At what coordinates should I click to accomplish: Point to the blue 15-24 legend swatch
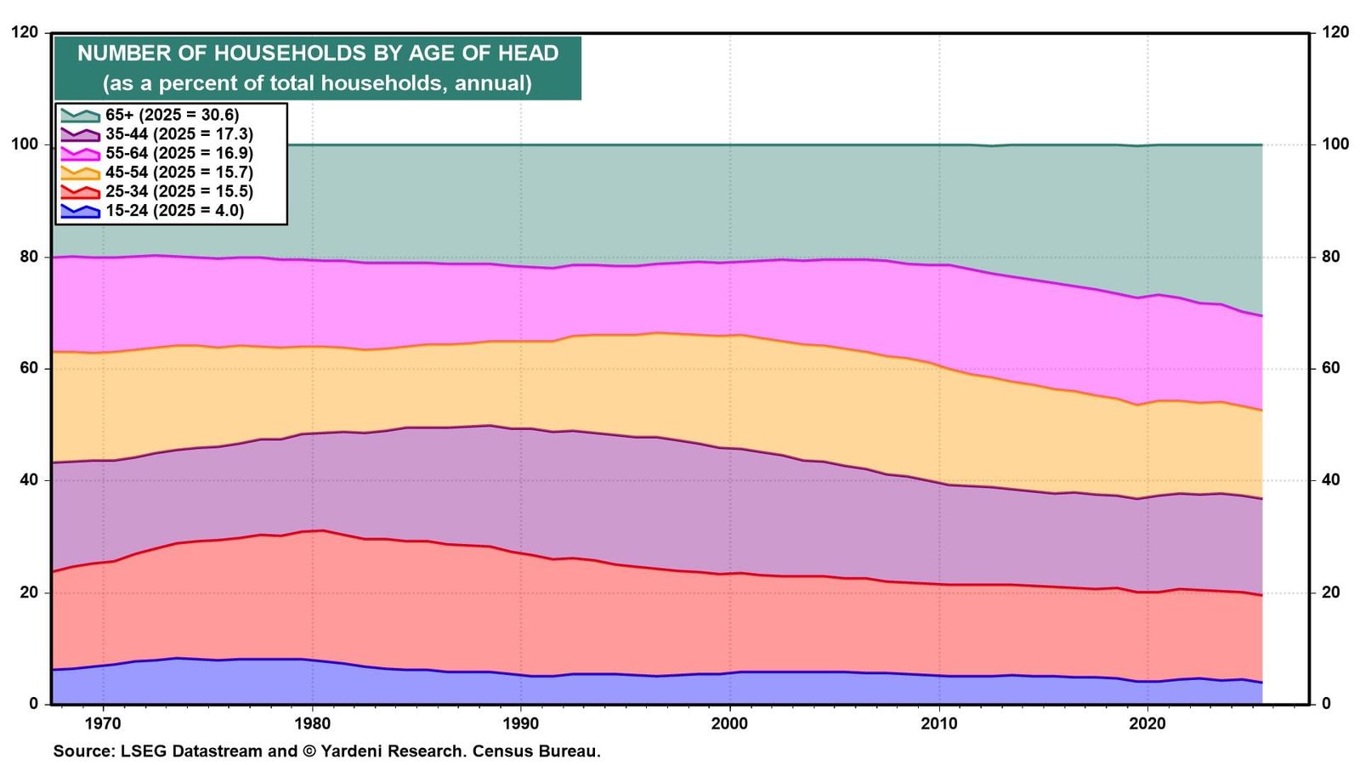(x=80, y=212)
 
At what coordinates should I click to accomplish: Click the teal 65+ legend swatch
(x=80, y=116)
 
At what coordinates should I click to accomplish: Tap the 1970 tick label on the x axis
(x=103, y=723)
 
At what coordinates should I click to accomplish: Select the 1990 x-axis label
(x=521, y=723)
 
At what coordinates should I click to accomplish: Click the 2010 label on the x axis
(x=939, y=723)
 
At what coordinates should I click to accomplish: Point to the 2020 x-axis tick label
(x=1148, y=723)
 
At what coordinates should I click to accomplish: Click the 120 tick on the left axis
(x=25, y=32)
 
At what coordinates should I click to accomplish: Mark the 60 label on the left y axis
(x=29, y=368)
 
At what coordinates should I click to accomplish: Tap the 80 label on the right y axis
(x=1329, y=256)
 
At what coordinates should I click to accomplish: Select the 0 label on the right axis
(x=1325, y=704)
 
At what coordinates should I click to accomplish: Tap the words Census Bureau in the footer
(x=536, y=751)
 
